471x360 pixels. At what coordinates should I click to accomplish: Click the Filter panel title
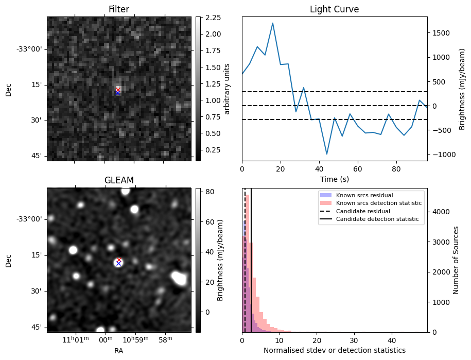point(118,9)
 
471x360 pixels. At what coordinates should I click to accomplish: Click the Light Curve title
point(334,9)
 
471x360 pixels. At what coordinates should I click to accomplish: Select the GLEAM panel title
point(118,180)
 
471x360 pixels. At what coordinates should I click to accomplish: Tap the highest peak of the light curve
point(272,23)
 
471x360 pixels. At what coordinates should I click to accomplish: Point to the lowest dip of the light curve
point(326,154)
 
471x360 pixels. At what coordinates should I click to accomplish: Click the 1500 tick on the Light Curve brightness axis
point(441,33)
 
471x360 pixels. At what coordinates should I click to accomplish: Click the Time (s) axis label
point(334,178)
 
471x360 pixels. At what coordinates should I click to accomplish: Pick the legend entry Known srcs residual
point(364,195)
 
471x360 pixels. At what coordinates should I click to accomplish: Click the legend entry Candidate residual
point(364,211)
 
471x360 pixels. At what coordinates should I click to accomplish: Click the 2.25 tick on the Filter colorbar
point(213,18)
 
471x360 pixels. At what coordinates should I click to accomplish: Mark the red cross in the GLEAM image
point(119,260)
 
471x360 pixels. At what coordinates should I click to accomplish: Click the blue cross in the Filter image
point(118,93)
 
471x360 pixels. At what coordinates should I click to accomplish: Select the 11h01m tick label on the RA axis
point(75,340)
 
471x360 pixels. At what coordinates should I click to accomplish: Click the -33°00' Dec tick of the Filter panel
point(31,49)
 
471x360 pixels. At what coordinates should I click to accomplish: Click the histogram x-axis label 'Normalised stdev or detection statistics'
point(334,350)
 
